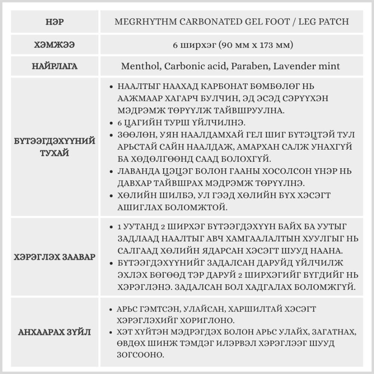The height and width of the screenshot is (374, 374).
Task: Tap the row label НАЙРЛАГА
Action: tap(55, 67)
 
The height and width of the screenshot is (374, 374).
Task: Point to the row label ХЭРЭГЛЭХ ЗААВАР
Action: tap(55, 257)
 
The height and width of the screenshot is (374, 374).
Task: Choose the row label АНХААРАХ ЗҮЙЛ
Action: tap(55, 332)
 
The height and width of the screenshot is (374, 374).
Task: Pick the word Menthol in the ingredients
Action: tap(140, 67)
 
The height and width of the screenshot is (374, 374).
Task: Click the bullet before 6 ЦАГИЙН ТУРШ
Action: tap(111, 123)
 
